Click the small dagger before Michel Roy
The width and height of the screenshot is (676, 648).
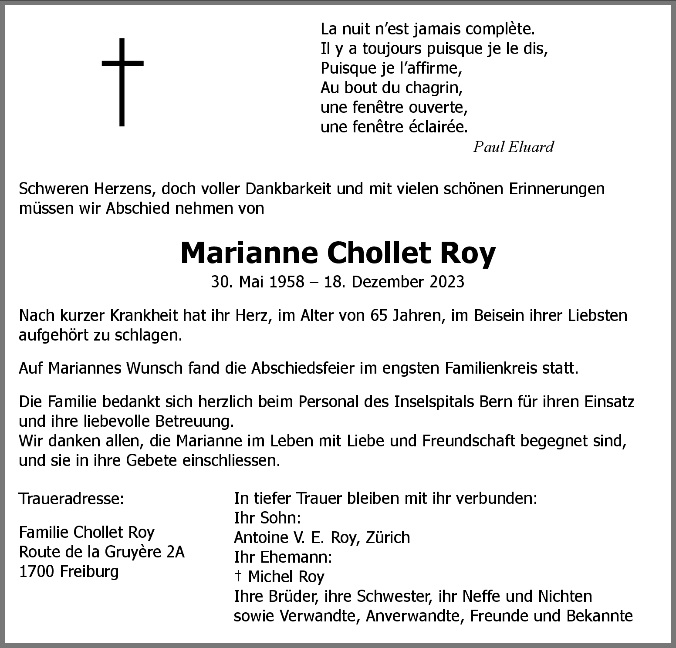(238, 576)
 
